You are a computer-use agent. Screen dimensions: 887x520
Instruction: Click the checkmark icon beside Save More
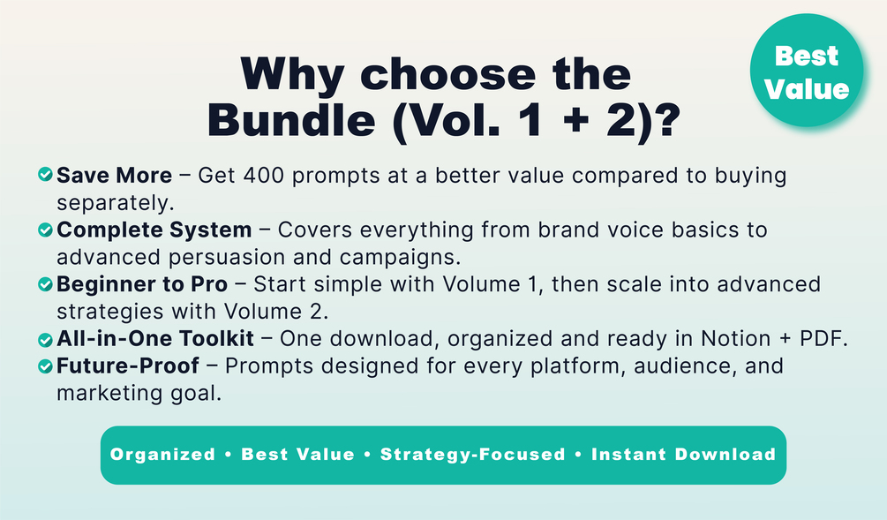[x=45, y=174]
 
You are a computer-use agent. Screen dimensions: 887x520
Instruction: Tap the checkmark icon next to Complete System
[x=45, y=230]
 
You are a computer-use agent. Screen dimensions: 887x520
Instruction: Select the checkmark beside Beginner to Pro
[x=45, y=284]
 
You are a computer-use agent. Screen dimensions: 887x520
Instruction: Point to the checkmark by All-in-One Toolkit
[x=45, y=340]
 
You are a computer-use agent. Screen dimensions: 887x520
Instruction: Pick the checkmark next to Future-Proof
[x=45, y=366]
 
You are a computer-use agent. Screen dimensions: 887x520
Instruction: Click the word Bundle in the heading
[x=291, y=121]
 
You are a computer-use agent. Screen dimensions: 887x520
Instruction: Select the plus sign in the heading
[x=575, y=122]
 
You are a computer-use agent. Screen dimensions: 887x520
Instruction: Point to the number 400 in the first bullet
[x=264, y=176]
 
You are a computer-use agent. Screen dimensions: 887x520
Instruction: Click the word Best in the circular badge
[x=806, y=56]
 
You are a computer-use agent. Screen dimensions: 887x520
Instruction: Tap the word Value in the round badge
[x=807, y=89]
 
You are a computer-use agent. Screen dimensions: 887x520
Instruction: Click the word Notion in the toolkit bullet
[x=735, y=338]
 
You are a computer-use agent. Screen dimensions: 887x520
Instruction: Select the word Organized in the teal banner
[x=163, y=455]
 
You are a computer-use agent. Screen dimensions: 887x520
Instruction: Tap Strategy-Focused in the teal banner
[x=473, y=455]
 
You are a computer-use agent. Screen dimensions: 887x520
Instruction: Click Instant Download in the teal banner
[x=683, y=455]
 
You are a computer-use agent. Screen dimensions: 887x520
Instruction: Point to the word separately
[x=116, y=203]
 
